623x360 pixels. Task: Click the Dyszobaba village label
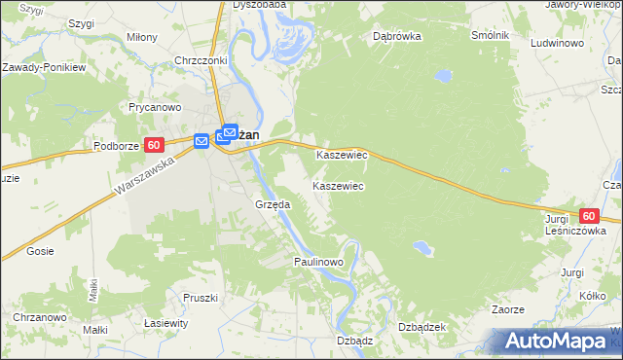pyautogui.click(x=259, y=4)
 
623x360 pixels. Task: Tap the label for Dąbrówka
pyautogui.click(x=396, y=37)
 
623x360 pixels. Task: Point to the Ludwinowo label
pyautogui.click(x=557, y=44)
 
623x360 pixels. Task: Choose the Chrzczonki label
pyautogui.click(x=200, y=60)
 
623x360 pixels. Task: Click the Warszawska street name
pyautogui.click(x=141, y=175)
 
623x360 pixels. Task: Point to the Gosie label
pyautogui.click(x=40, y=251)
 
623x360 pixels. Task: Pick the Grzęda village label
pyautogui.click(x=273, y=204)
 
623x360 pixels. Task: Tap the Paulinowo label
pyautogui.click(x=319, y=263)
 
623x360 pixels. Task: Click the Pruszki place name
pyautogui.click(x=199, y=298)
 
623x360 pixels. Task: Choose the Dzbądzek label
pyautogui.click(x=421, y=327)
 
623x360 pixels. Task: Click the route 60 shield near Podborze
pyautogui.click(x=154, y=145)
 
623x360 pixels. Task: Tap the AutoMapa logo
pyautogui.click(x=557, y=342)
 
